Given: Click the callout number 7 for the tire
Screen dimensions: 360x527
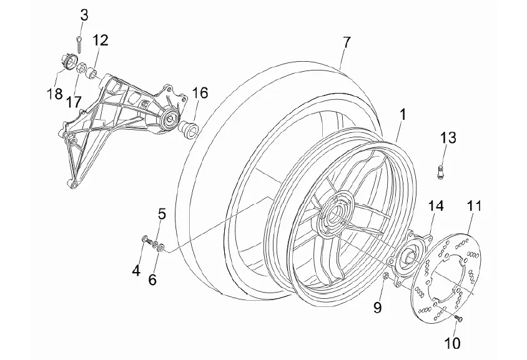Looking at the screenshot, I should [x=346, y=42].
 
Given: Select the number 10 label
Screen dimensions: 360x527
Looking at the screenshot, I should [x=452, y=342].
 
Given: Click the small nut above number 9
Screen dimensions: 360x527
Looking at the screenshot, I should [x=385, y=275].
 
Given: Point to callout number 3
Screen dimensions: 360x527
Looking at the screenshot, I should [x=84, y=15].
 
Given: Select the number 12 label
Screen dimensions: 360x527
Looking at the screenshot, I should [x=101, y=41].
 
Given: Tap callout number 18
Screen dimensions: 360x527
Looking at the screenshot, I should [x=54, y=94].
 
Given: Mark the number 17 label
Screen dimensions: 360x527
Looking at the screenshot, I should [x=74, y=101].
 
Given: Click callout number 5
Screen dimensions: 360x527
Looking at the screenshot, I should [x=161, y=215].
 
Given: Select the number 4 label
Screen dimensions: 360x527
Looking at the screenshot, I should [x=135, y=270].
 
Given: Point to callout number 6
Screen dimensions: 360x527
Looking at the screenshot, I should [x=152, y=280].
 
